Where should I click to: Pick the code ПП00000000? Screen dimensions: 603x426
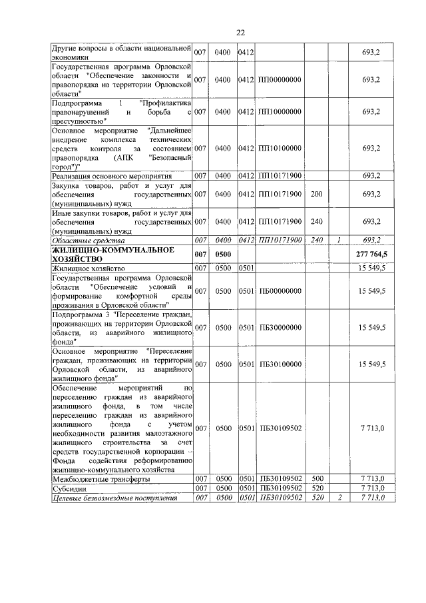[280, 79]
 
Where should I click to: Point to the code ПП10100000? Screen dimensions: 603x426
[280, 148]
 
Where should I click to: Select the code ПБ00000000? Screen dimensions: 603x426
[280, 291]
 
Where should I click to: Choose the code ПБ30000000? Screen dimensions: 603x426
[280, 327]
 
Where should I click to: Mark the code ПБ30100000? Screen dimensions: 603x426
[280, 364]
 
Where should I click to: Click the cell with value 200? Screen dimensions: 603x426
[316, 194]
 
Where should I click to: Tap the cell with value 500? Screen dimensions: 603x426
[317, 478]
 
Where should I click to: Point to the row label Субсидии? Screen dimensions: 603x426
[69, 488]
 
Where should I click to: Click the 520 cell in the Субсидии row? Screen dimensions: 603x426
[317, 488]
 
